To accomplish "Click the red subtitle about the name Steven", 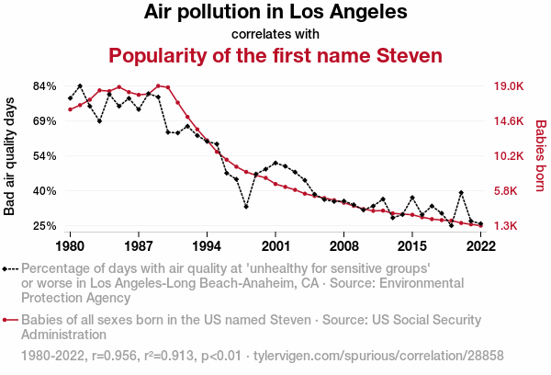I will coord(275,55).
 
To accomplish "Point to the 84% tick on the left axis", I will coord(45,86).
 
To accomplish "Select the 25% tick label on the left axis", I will coord(45,226).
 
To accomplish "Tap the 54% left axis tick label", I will coord(45,156).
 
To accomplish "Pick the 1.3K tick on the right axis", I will coord(508,226).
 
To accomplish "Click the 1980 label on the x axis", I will coord(71,246).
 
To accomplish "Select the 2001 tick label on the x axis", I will coord(275,246).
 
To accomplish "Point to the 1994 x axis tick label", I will coord(208,246).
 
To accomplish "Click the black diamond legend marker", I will coord(7,269).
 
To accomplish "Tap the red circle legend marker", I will coord(7,320).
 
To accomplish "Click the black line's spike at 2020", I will coord(461,193).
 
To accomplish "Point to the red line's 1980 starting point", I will coord(71,109).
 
